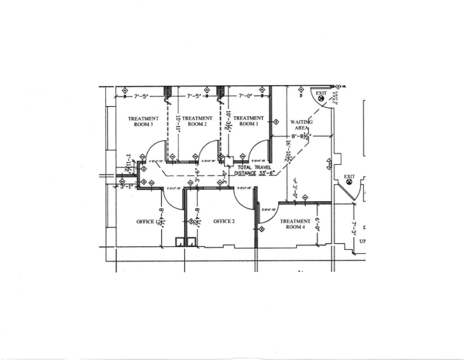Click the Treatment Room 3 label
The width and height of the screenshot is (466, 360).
pyautogui.click(x=143, y=121)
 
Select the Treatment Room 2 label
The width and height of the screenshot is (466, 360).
pyautogui.click(x=197, y=121)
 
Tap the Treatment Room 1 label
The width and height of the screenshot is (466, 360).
pyautogui.click(x=249, y=121)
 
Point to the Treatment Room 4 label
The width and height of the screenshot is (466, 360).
pyautogui.click(x=295, y=224)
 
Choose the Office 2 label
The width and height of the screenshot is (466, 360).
pyautogui.click(x=224, y=221)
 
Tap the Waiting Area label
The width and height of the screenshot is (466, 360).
pyautogui.click(x=301, y=125)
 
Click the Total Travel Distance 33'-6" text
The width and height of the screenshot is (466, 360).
pyautogui.click(x=252, y=170)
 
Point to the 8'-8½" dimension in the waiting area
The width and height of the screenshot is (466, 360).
pyautogui.click(x=300, y=137)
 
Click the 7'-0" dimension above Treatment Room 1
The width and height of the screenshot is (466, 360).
pyautogui.click(x=245, y=96)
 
